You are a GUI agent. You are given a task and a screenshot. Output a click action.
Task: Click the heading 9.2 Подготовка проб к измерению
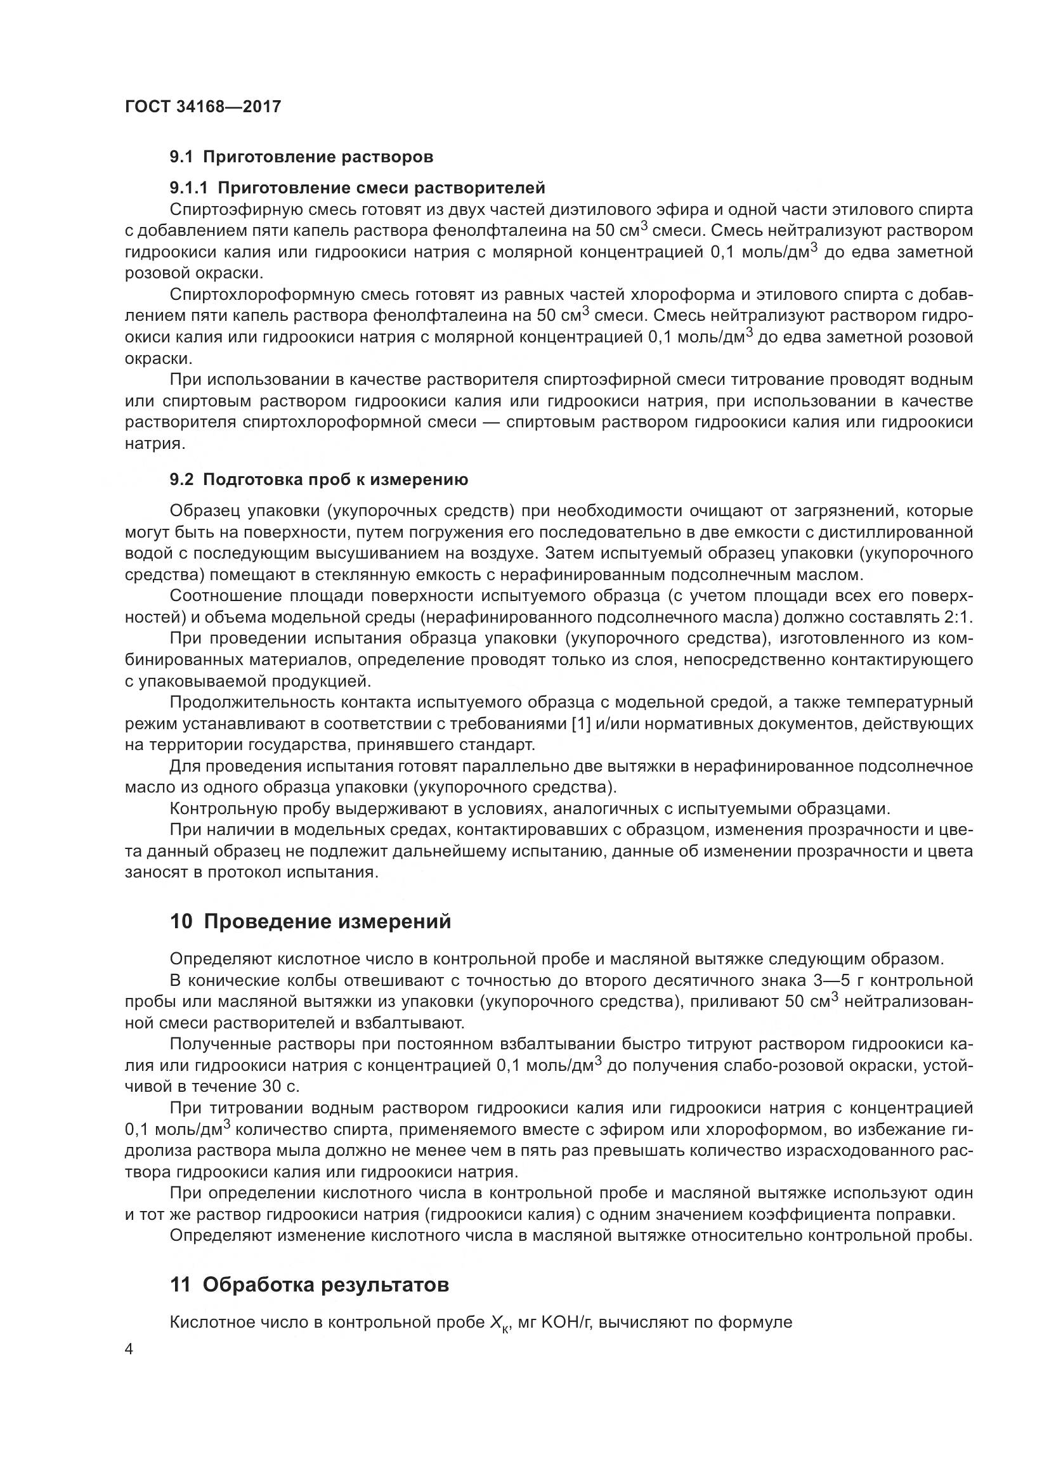[319, 479]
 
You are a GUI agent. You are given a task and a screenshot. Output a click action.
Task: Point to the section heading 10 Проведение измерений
[310, 922]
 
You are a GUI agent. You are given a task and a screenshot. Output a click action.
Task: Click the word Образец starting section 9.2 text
[203, 511]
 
